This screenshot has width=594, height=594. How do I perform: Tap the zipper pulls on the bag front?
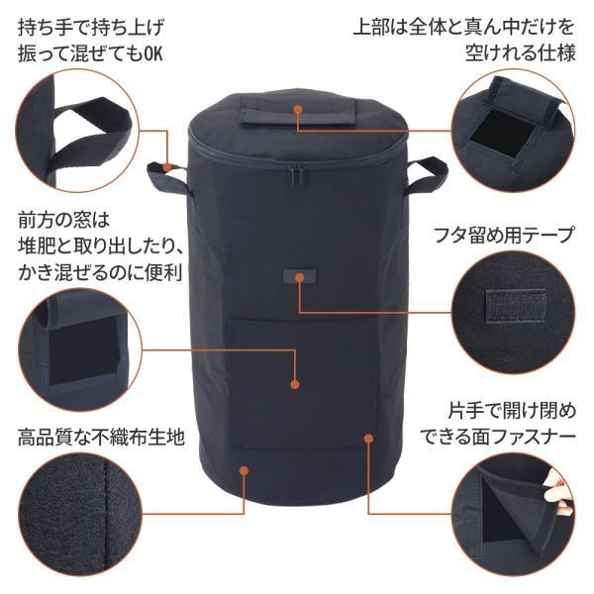pos(298,175)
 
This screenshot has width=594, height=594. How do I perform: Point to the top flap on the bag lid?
pos(298,111)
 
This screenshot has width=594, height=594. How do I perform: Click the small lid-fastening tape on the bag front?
pos(300,277)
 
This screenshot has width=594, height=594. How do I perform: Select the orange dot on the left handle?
pos(166,167)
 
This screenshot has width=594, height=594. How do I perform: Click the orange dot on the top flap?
pos(298,110)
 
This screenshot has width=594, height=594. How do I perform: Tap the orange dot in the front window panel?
pos(295,384)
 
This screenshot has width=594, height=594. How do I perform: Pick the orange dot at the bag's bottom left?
pos(244,470)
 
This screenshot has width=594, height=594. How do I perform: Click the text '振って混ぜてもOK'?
pos(90,53)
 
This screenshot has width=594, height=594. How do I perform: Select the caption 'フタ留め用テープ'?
pos(503,235)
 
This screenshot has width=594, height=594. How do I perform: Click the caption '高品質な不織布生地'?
pos(101,438)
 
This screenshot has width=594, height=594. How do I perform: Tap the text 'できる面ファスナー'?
pos(498,438)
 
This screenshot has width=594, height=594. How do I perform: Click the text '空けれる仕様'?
pos(520,52)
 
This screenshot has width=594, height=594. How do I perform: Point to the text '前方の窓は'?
pos(63,221)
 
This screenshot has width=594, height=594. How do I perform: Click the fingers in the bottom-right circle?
pos(556,492)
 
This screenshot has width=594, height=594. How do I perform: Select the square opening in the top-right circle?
pos(495,138)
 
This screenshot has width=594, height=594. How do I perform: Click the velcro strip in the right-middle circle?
pos(516,307)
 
